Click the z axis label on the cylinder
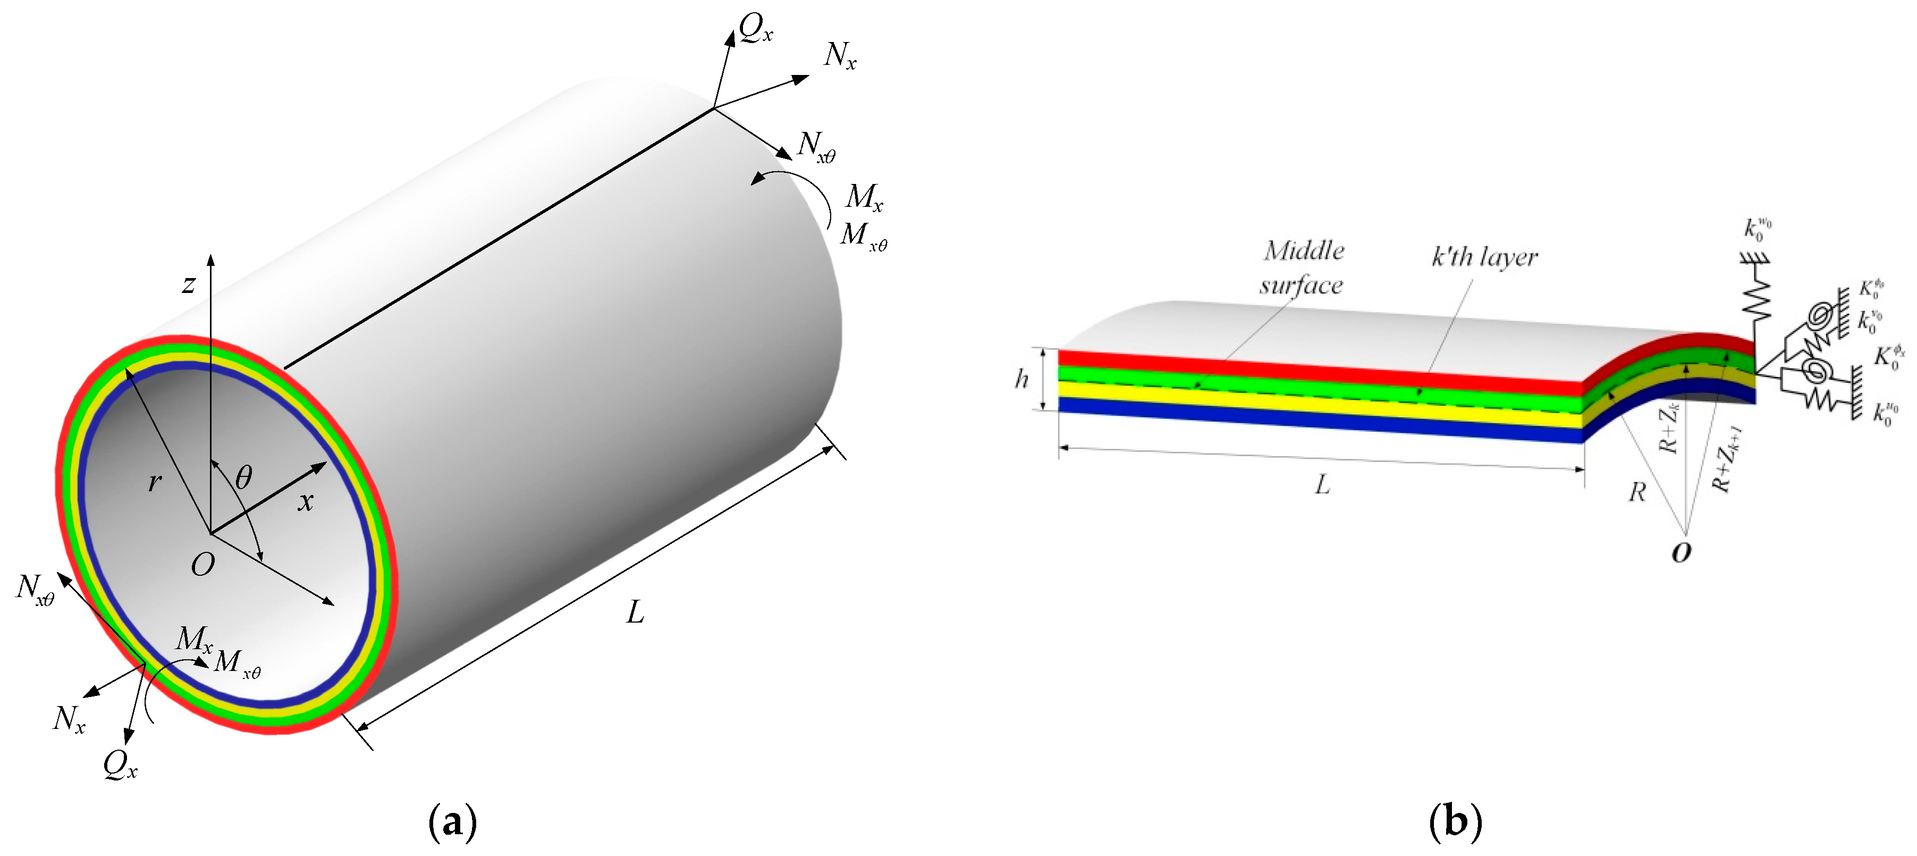pyautogui.click(x=189, y=283)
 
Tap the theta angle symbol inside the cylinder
pyautogui.click(x=243, y=476)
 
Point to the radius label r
pyautogui.click(x=154, y=482)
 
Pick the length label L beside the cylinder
pyautogui.click(x=635, y=612)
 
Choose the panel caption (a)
pyautogui.click(x=452, y=822)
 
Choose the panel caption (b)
pyautogui.click(x=1455, y=822)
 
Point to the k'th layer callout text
pyautogui.click(x=1484, y=257)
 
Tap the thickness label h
pyautogui.click(x=1022, y=380)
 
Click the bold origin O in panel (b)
pyautogui.click(x=1681, y=552)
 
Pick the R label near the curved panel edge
pyautogui.click(x=1637, y=492)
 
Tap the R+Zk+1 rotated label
pyautogui.click(x=1727, y=458)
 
